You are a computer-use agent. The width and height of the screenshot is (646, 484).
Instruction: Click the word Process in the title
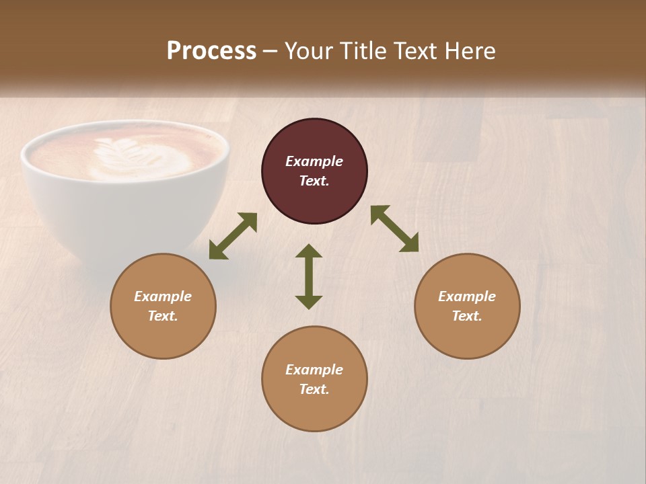point(211,51)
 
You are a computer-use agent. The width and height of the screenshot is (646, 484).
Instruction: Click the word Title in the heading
point(364,51)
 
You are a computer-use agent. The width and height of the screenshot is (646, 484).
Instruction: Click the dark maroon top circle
point(314,141)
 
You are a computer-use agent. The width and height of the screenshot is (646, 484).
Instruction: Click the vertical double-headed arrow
point(309,276)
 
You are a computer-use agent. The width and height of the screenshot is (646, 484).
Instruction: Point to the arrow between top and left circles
point(233,236)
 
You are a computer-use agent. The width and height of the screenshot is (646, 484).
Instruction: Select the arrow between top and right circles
point(395,229)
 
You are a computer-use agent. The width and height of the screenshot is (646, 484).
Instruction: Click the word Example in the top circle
point(314,161)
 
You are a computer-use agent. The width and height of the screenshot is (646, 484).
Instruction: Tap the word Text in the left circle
point(163,316)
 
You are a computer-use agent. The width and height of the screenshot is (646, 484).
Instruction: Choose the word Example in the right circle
point(467,296)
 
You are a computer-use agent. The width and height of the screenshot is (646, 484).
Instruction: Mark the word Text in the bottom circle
point(314,389)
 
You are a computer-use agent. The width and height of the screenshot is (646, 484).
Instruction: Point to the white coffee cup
point(124,215)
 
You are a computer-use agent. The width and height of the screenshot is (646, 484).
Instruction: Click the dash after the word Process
point(271,52)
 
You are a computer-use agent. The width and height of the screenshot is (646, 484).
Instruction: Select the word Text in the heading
point(417,51)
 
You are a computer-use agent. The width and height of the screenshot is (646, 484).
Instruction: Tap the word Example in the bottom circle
point(314,370)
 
